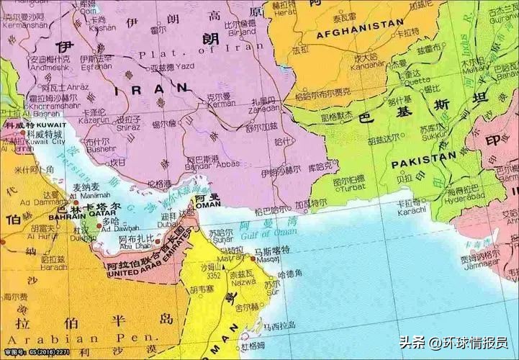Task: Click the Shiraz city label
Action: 128,127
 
